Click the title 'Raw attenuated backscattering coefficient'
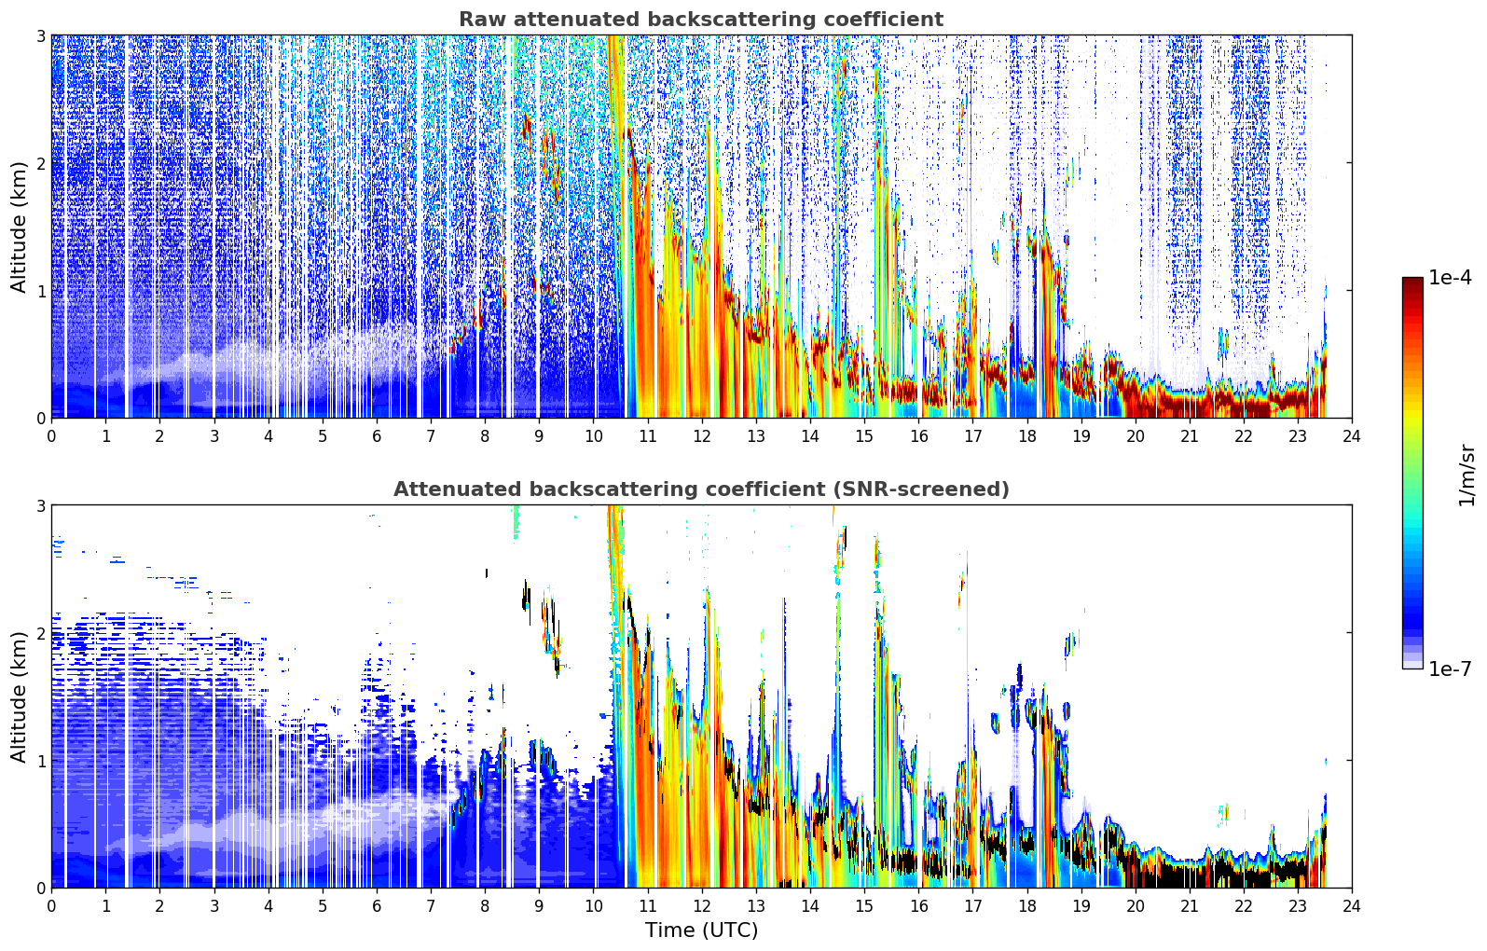(x=701, y=20)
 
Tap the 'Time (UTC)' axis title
(x=701, y=930)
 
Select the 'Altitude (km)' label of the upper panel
(x=19, y=227)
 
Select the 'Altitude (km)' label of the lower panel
(x=19, y=696)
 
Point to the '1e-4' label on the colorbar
(x=1451, y=278)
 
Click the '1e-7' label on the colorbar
(x=1451, y=668)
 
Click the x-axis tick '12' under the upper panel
(x=702, y=436)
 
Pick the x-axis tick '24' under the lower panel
(x=1352, y=906)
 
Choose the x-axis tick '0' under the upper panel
(x=52, y=436)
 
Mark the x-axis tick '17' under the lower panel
(x=972, y=906)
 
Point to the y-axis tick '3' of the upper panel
(x=40, y=35)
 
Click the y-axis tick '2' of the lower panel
(x=40, y=633)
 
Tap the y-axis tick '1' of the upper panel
(x=40, y=291)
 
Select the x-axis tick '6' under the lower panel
(x=377, y=906)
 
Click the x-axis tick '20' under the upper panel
(x=1136, y=436)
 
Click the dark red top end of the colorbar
(x=1412, y=282)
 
